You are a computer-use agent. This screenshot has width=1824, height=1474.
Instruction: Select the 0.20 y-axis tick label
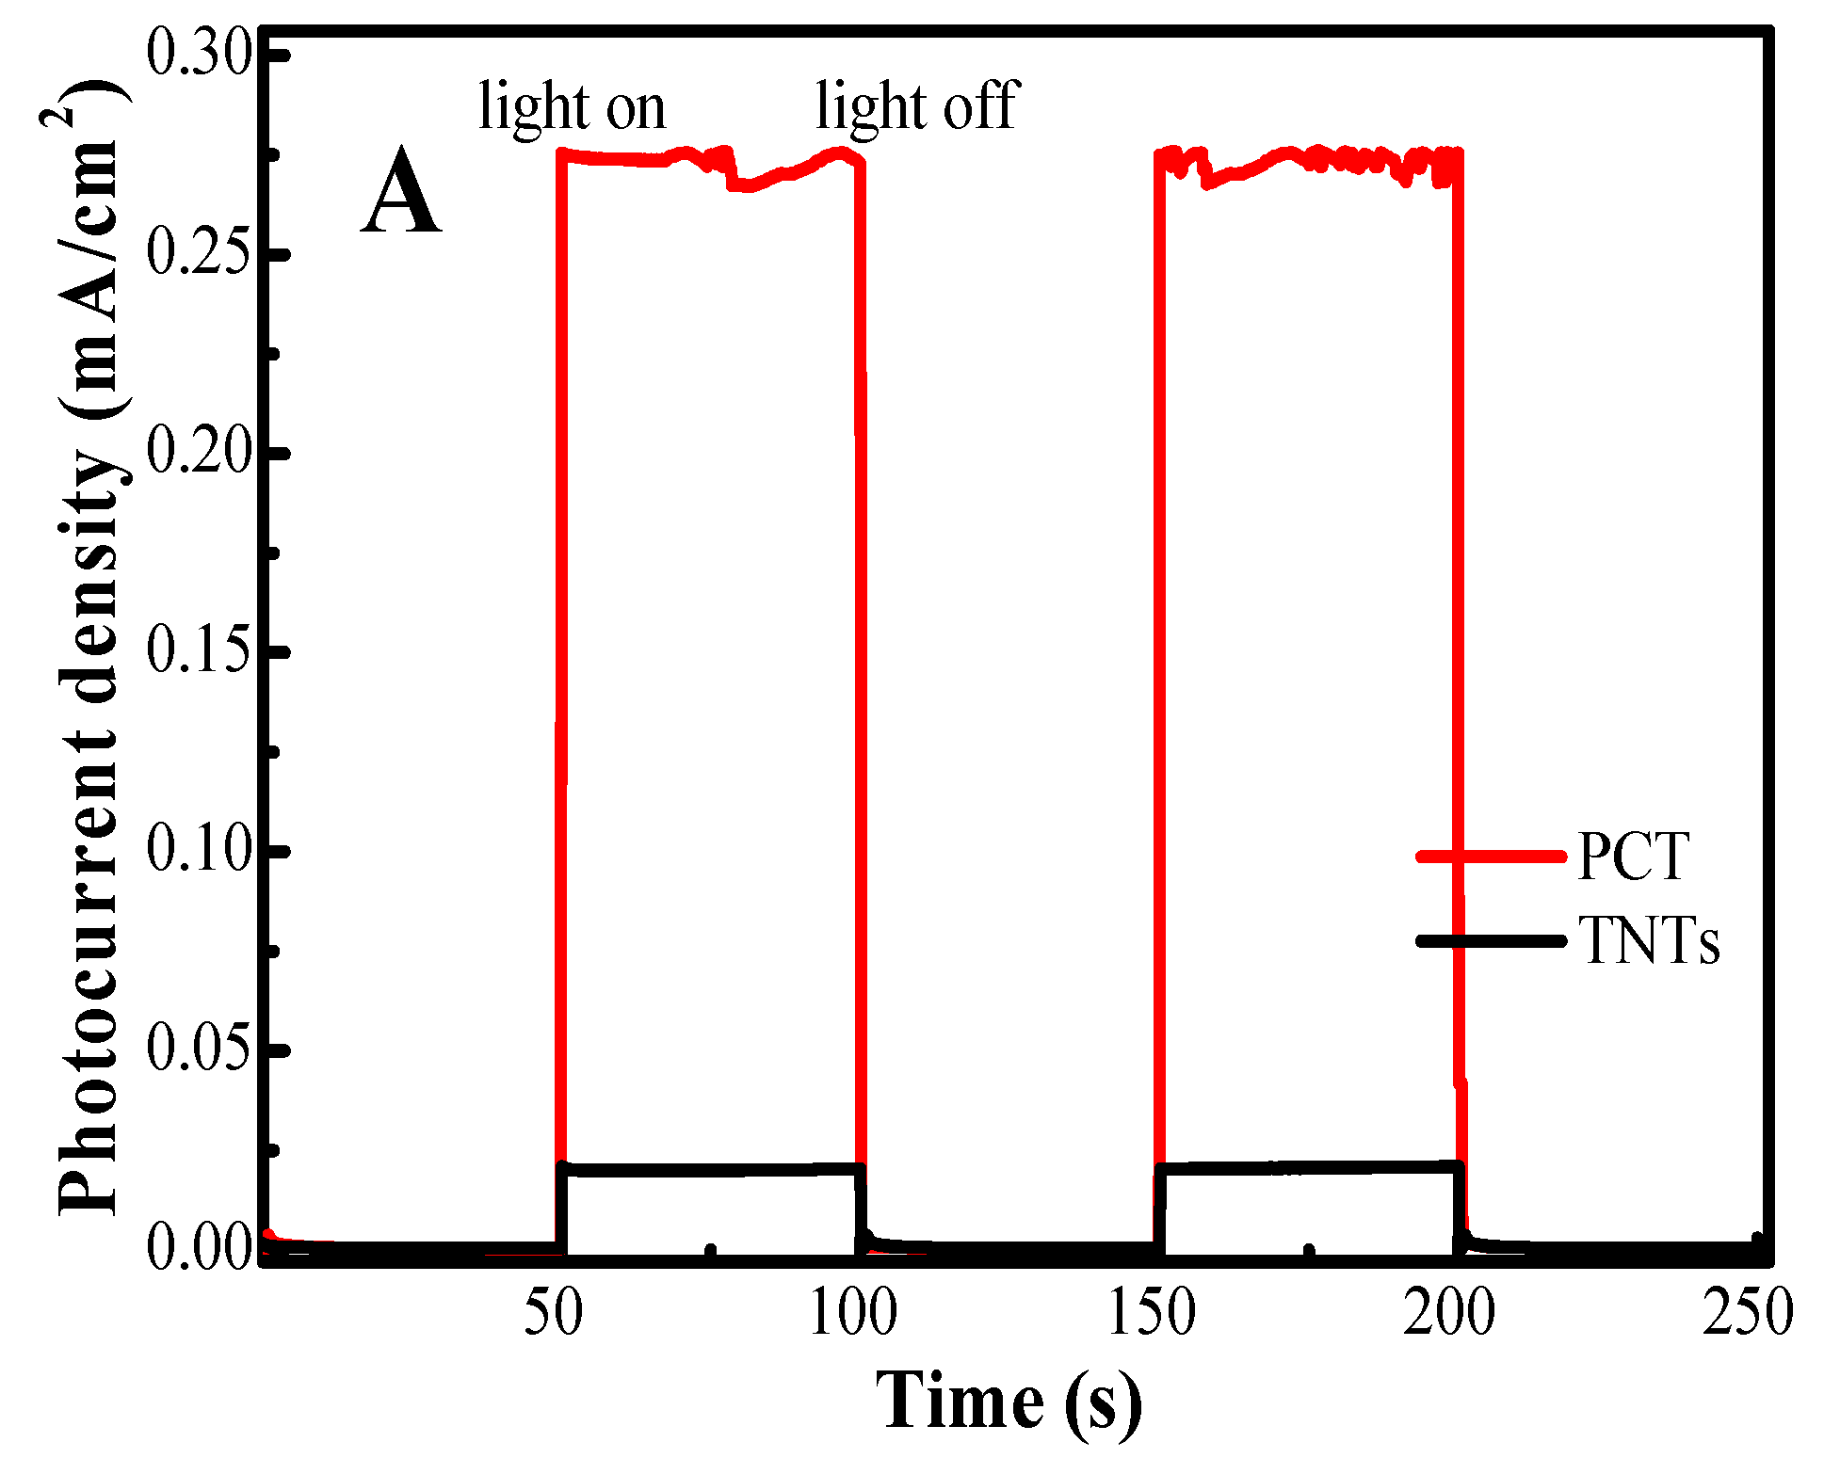(201, 452)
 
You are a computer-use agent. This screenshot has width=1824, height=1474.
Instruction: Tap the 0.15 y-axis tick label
(201, 650)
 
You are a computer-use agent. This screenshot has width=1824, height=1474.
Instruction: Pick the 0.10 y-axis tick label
(201, 849)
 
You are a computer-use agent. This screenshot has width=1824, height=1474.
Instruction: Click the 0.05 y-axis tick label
(201, 1049)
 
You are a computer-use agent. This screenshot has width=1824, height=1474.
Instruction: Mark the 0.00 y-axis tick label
(201, 1248)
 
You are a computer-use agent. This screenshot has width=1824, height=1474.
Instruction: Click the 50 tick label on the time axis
(554, 1313)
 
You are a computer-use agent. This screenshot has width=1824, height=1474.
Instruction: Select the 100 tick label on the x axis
(853, 1313)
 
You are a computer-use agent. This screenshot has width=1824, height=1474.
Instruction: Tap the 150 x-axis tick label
(1152, 1313)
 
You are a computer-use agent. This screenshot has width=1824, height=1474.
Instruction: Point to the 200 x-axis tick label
(1450, 1313)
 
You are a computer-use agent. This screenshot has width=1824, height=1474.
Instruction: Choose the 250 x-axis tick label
(1748, 1313)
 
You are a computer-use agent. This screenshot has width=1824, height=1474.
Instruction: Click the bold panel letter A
(401, 194)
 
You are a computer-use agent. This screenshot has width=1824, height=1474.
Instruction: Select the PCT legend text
(1634, 857)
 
